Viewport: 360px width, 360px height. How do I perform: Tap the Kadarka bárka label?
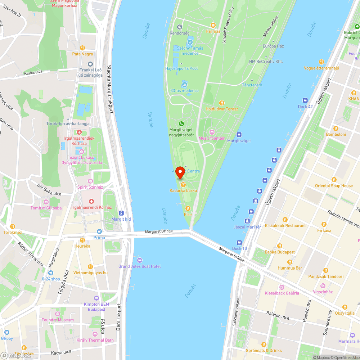183,190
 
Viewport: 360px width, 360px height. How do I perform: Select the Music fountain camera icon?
212,132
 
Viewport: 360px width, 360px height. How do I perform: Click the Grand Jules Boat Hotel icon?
140,260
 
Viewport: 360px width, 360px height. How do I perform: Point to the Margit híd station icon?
121,213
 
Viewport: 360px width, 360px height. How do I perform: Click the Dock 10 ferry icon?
239,242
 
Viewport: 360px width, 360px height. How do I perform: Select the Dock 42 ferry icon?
305,100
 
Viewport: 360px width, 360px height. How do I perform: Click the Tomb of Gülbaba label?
46,208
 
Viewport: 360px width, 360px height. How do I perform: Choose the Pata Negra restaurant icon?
82,48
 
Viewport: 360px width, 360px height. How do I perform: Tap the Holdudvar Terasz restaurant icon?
222,103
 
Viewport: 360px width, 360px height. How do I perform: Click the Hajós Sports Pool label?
181,68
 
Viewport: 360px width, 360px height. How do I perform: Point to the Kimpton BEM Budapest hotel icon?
96,298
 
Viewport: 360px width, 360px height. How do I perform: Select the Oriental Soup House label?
334,186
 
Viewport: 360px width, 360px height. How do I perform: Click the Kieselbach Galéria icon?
282,287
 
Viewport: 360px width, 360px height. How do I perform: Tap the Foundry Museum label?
57,320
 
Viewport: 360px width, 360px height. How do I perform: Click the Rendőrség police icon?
180,27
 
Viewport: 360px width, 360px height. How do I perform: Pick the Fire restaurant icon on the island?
188,208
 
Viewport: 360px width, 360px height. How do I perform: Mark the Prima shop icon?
99,231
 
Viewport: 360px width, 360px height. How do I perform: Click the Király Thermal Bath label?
95,340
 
